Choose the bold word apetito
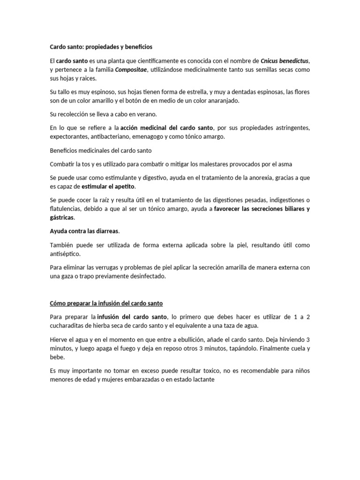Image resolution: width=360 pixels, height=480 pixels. [x=124, y=187]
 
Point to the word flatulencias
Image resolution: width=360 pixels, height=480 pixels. [x=66, y=209]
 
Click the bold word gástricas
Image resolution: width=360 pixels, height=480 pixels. [x=62, y=218]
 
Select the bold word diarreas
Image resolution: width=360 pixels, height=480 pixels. [x=106, y=231]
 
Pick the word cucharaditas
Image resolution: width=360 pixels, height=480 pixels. [x=67, y=326]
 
